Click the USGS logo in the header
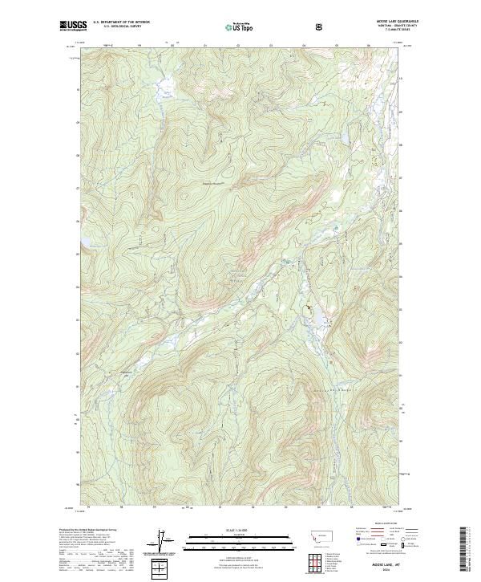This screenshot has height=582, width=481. pos(74,26)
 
